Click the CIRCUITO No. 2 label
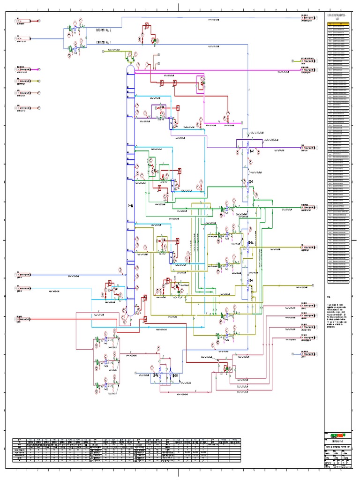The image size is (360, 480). coord(104,30)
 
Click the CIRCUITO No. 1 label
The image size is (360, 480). coord(104,42)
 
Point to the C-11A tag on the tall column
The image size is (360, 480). coord(130,206)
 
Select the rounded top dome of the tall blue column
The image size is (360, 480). coord(131,67)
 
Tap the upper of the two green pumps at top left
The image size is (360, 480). coord(71,29)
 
